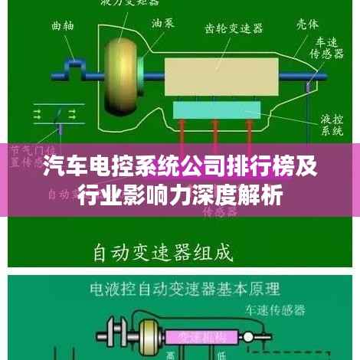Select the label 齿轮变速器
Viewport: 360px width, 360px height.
[234, 29]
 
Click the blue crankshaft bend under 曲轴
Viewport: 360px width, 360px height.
[76, 68]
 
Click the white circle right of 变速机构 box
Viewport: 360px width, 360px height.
[264, 335]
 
